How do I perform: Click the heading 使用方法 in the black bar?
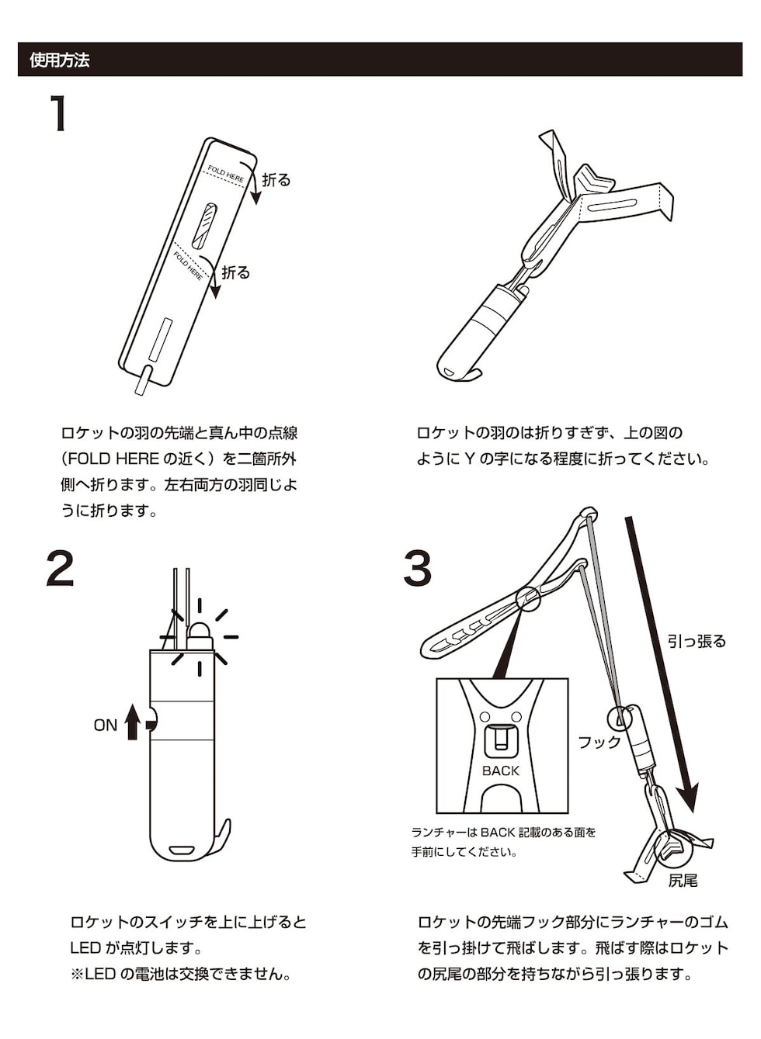coord(60,60)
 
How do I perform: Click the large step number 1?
coord(58,114)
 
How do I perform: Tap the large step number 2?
coord(61,568)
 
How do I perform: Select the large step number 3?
coord(417,568)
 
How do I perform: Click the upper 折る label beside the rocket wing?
coord(276,180)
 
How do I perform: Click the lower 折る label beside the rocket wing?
coord(235,272)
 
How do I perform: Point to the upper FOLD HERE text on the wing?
coord(225,175)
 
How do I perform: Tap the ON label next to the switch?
coord(105,726)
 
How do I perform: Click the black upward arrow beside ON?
coord(133,722)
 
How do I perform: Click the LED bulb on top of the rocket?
coord(200,635)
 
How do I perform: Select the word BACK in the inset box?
coord(500,771)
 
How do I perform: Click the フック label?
coord(599,743)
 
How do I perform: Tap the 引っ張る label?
coord(697,641)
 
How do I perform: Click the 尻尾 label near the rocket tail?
coord(683,881)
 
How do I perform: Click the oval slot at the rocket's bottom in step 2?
coord(183,849)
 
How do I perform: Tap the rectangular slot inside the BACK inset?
coord(502,739)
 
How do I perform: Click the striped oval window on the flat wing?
coord(204,225)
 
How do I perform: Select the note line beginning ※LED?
coord(181,974)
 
